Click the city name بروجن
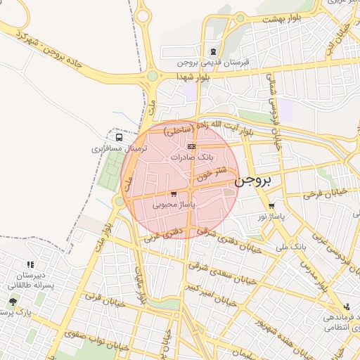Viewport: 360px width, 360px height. (253, 181)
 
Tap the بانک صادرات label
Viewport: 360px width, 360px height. (191, 157)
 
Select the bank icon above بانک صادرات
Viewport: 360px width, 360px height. (191, 146)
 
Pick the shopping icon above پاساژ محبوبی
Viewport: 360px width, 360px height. (174, 193)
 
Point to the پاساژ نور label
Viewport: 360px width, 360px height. (271, 217)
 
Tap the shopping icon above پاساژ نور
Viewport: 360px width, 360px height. (271, 206)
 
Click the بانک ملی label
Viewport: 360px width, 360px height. (294, 247)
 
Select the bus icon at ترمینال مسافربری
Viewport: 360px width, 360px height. (118, 137)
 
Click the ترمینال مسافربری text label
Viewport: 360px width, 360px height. (118, 149)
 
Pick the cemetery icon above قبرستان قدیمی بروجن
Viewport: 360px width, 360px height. (214, 51)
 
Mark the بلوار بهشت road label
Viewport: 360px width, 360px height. (281, 19)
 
